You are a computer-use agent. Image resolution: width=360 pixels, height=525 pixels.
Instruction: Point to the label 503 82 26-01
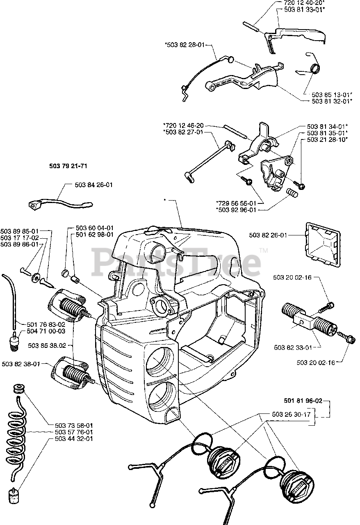[268, 235]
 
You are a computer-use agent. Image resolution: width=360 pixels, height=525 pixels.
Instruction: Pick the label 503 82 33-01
[293, 347]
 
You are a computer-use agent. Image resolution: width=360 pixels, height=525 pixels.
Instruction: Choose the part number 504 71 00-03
[46, 331]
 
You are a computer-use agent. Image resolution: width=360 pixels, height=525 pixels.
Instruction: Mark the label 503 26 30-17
[291, 414]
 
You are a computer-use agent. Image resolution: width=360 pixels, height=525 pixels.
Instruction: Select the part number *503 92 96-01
[236, 210]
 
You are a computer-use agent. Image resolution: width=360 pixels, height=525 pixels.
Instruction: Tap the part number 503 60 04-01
[95, 228]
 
